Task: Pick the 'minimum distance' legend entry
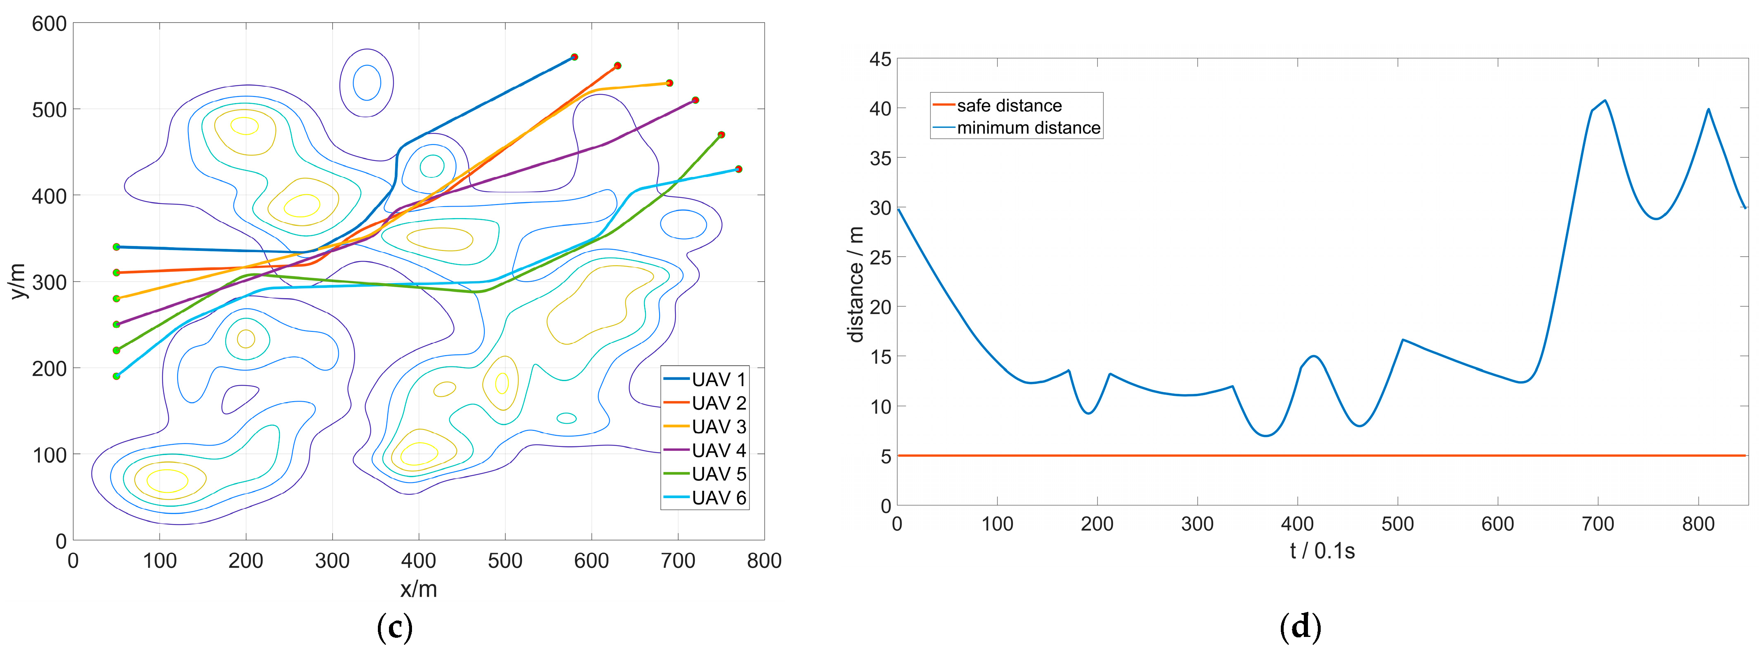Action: (1028, 128)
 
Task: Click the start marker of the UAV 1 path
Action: (116, 247)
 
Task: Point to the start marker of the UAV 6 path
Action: (116, 376)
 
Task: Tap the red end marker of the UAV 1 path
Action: (574, 57)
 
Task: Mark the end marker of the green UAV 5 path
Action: (721, 135)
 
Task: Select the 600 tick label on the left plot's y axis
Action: (49, 24)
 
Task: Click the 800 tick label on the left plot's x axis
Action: (764, 561)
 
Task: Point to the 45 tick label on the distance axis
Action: (880, 60)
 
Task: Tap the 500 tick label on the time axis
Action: (1397, 524)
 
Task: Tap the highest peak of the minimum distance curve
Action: (1605, 101)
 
